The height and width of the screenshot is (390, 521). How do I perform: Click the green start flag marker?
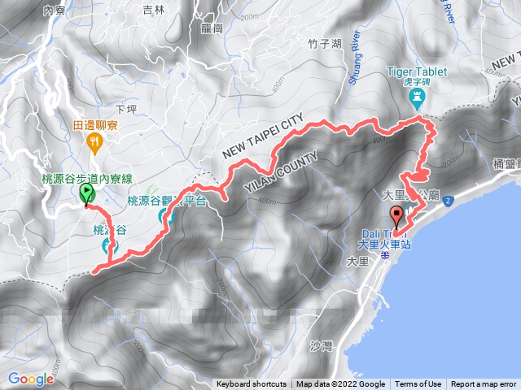[86, 193]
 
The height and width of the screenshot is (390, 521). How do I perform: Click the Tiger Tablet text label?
[420, 71]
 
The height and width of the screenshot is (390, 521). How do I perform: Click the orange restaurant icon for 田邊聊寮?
[96, 141]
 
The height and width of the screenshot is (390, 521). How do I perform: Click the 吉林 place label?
[153, 10]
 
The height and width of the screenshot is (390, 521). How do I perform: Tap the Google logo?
[30, 379]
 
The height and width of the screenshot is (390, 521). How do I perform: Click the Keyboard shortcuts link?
[252, 384]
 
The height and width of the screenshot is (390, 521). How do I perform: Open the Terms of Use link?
[418, 384]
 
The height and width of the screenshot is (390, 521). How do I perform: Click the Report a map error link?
[484, 384]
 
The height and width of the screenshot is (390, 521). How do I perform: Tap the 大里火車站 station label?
[385, 243]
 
